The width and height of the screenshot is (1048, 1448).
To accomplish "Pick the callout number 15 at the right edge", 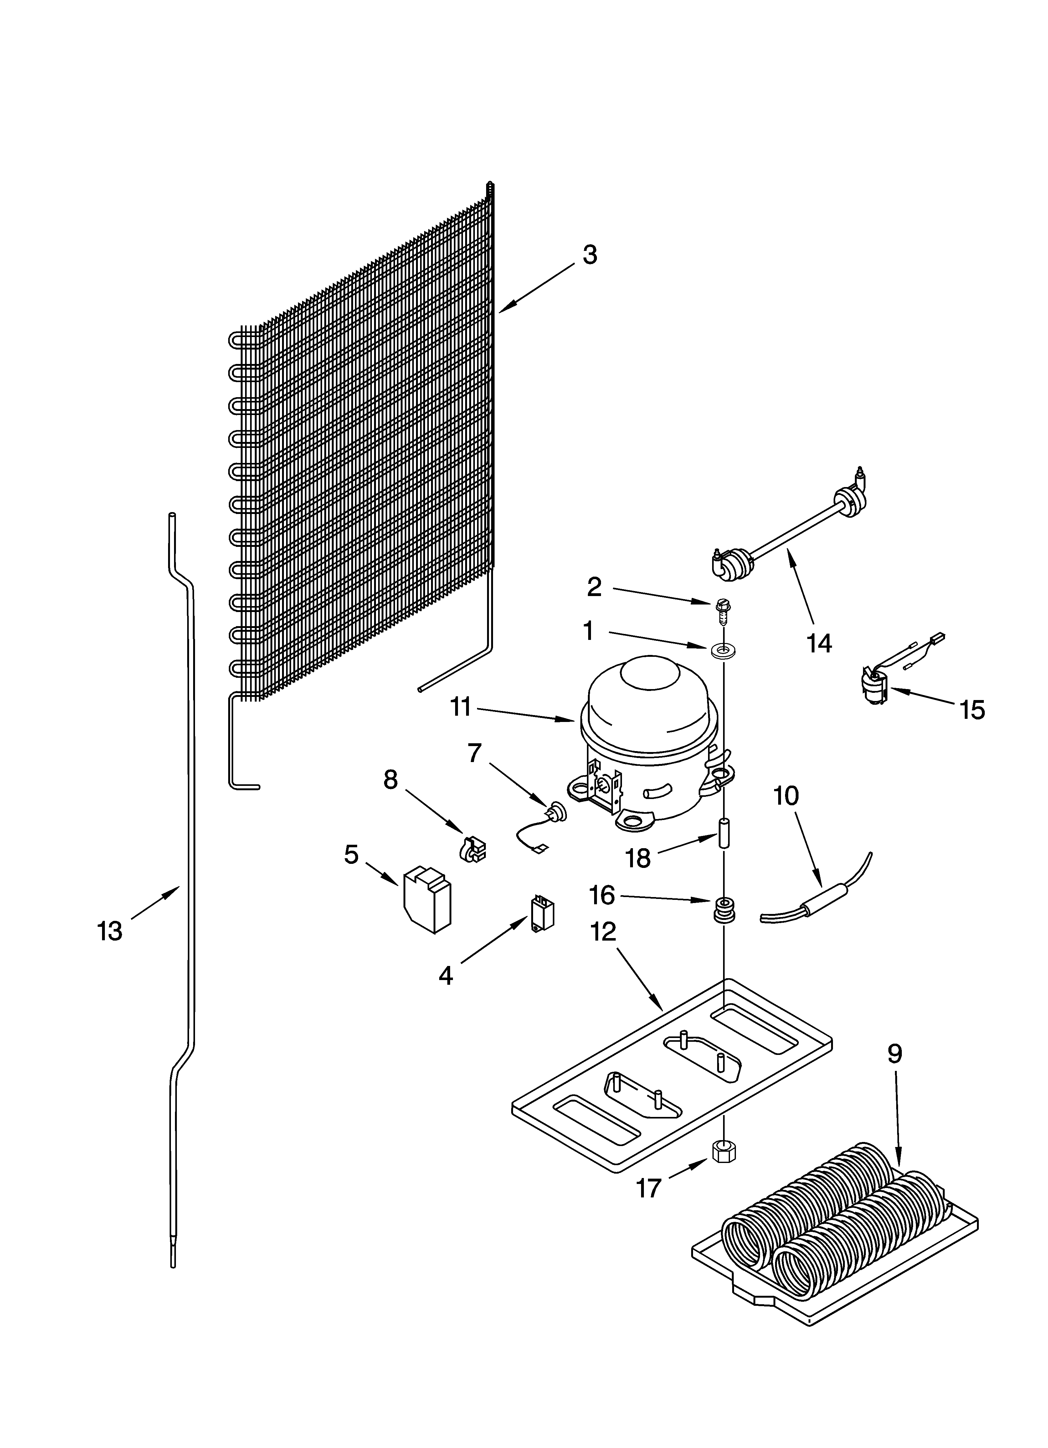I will (972, 710).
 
